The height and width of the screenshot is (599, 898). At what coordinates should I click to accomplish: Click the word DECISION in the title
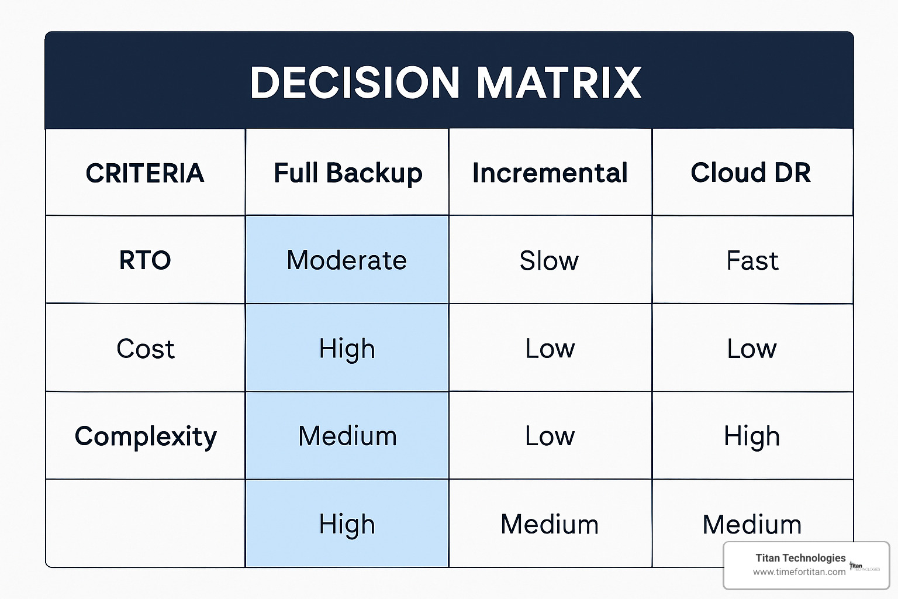pyautogui.click(x=355, y=82)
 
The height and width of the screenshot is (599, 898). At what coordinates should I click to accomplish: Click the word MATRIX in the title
pyautogui.click(x=559, y=82)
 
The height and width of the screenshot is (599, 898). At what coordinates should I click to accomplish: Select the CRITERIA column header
pyautogui.click(x=145, y=173)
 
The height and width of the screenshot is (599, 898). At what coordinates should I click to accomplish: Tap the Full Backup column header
pyautogui.click(x=348, y=173)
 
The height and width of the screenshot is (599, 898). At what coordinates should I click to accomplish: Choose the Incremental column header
pyautogui.click(x=550, y=173)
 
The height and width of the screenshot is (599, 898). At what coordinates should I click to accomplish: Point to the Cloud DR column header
pyautogui.click(x=751, y=173)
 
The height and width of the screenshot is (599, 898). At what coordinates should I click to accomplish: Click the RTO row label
pyautogui.click(x=145, y=260)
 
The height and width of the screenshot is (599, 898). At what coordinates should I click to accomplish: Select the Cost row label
pyautogui.click(x=146, y=348)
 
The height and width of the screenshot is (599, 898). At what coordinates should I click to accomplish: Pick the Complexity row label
pyautogui.click(x=146, y=436)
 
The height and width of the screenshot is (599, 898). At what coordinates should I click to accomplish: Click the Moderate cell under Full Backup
pyautogui.click(x=347, y=260)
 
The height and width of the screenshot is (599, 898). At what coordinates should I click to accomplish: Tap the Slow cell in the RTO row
pyautogui.click(x=549, y=260)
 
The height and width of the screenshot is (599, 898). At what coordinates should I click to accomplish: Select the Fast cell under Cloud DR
pyautogui.click(x=752, y=260)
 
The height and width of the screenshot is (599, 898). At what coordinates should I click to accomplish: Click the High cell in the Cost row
pyautogui.click(x=347, y=348)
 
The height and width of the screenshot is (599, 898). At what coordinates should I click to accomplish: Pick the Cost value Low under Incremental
pyautogui.click(x=550, y=348)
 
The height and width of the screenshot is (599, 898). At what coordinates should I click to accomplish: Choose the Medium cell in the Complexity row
pyautogui.click(x=348, y=436)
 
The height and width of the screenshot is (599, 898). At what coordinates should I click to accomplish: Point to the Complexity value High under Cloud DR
pyautogui.click(x=752, y=436)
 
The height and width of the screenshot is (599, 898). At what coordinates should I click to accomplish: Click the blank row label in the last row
pyautogui.click(x=145, y=523)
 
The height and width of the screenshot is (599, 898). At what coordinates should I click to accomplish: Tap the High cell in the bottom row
pyautogui.click(x=347, y=524)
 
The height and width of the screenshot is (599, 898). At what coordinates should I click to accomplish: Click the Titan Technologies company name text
pyautogui.click(x=800, y=558)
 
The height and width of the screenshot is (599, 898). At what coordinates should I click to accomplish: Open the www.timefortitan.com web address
pyautogui.click(x=799, y=572)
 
